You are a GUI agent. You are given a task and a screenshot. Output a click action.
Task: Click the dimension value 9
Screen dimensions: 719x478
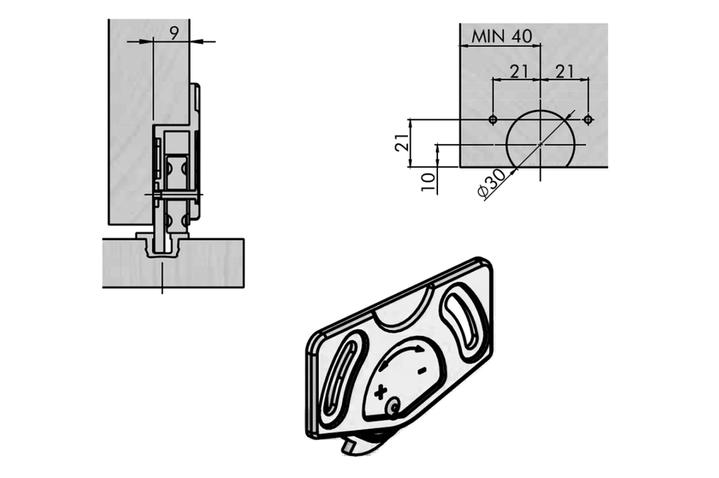pos(174,33)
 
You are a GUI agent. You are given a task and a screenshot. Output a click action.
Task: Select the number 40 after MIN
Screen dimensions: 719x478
pos(522,36)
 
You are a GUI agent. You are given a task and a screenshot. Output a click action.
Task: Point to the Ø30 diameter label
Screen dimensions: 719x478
pos(491,183)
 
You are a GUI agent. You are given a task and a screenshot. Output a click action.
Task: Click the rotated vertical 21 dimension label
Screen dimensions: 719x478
pos(402,143)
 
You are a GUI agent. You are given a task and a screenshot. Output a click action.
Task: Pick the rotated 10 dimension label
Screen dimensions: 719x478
pos(428,183)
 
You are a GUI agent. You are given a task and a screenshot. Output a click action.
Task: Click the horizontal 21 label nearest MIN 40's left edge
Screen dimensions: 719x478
pos(519,72)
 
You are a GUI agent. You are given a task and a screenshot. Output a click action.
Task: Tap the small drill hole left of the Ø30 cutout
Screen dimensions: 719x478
pos(493,119)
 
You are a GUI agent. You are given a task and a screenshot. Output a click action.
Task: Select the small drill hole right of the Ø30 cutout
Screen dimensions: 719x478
pos(588,119)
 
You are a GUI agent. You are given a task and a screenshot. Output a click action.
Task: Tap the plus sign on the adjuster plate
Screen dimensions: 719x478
pos(381,392)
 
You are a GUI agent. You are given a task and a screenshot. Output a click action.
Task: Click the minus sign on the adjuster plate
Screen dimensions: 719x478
pos(422,371)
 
